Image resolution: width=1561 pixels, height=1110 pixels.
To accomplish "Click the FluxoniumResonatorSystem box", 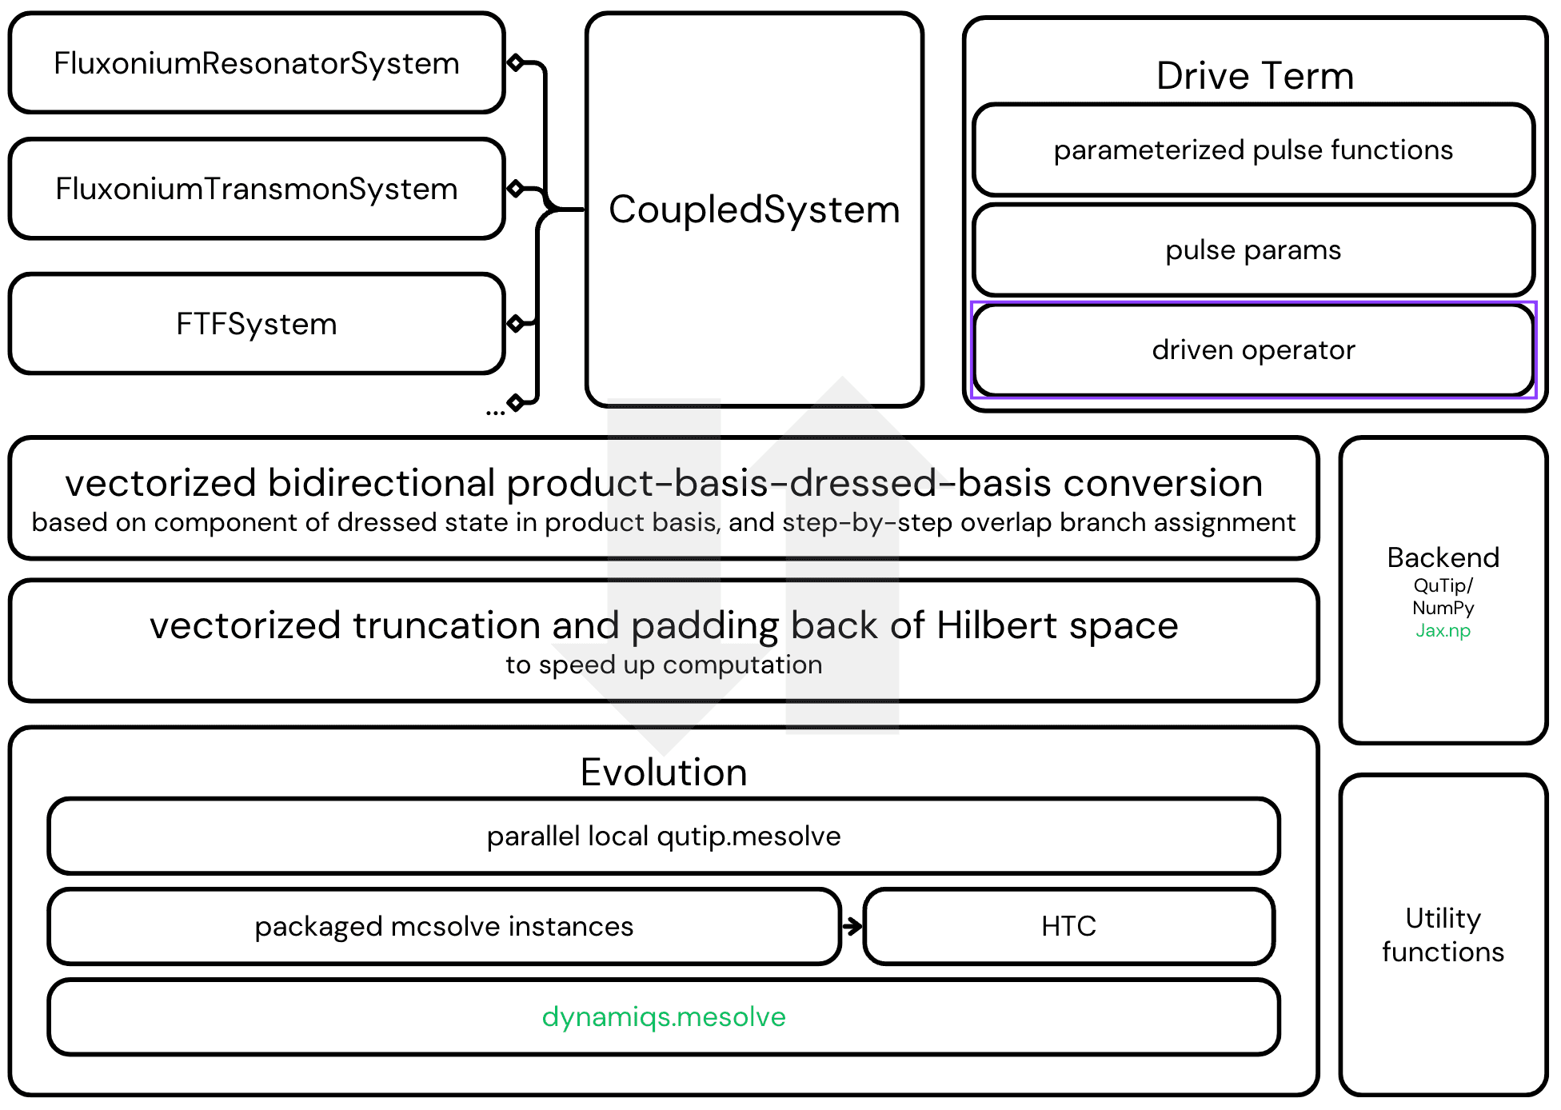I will point(256,63).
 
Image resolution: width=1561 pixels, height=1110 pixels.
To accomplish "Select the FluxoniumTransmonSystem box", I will point(256,189).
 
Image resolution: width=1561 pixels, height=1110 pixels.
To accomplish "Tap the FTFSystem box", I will point(256,324).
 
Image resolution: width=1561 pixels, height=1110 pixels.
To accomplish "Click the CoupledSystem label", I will point(754,210).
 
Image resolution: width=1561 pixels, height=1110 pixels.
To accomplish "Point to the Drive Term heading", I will point(1254,76).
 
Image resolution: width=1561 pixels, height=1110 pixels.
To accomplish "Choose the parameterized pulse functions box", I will point(1252,150).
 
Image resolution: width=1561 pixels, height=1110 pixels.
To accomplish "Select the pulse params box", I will point(1252,250).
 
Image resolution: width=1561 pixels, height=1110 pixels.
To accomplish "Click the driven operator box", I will point(1252,350).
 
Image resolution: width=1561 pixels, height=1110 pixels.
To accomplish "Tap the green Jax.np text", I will point(1443,631).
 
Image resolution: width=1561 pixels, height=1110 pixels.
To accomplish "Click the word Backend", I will point(1443,557).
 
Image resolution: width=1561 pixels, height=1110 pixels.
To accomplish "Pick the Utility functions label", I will point(1443,935).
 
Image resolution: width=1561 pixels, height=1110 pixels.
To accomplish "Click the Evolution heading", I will point(663,773).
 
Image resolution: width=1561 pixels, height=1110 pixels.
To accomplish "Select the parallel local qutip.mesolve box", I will point(663,836).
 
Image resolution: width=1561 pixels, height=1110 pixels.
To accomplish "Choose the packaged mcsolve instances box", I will point(444,926).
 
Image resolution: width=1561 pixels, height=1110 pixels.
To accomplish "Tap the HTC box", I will point(1068,926).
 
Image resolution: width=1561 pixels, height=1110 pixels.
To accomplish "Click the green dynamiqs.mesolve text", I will point(663,1016).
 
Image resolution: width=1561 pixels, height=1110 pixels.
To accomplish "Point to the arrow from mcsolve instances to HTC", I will point(852,926).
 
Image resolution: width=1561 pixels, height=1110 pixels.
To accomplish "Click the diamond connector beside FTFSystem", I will point(516,323).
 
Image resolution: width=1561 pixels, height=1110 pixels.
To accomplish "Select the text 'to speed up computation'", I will point(663,665).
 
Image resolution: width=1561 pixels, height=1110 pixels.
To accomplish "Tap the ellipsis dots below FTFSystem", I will point(495,413).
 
